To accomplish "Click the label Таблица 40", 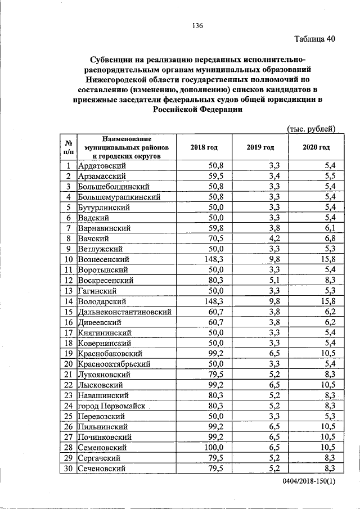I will pyautogui.click(x=315, y=39).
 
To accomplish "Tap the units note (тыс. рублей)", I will pyautogui.click(x=311, y=128).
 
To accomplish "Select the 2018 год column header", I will pyautogui.click(x=204, y=147).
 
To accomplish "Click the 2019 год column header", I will pyautogui.click(x=260, y=147).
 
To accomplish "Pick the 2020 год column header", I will pyautogui.click(x=315, y=147).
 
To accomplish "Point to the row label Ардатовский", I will pyautogui.click(x=102, y=166).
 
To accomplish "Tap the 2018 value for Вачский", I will pyautogui.click(x=216, y=238).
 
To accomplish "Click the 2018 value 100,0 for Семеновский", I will pyautogui.click(x=214, y=447).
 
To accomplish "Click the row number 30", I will pyautogui.click(x=68, y=468).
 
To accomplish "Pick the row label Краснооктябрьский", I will pyautogui.click(x=114, y=364).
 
